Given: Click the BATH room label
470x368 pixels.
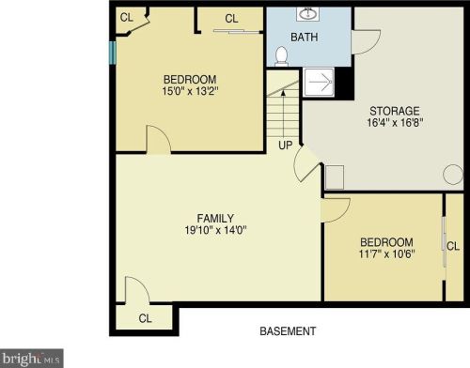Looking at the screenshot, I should pyautogui.click(x=304, y=38).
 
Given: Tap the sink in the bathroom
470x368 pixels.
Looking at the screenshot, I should pyautogui.click(x=307, y=14).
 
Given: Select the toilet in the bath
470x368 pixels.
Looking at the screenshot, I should pyautogui.click(x=280, y=56).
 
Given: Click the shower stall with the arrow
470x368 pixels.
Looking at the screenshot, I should pyautogui.click(x=319, y=83).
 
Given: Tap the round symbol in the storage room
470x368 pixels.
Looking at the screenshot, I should pyautogui.click(x=453, y=175).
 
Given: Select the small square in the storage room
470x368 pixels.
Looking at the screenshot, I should pyautogui.click(x=335, y=176).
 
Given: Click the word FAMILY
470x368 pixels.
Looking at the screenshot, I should pyautogui.click(x=216, y=218).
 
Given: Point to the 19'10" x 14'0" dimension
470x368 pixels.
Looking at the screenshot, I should pyautogui.click(x=216, y=231).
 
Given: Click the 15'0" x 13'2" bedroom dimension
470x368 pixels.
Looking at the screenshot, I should pyautogui.click(x=191, y=92).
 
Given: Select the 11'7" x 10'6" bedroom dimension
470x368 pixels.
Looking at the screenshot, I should pyautogui.click(x=385, y=253).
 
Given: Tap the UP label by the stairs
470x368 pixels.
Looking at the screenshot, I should pyautogui.click(x=284, y=146).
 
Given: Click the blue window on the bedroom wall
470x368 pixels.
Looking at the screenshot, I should pyautogui.click(x=113, y=52).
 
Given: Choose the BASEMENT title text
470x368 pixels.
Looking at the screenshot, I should pyautogui.click(x=288, y=331).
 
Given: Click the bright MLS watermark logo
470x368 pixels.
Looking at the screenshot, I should pyautogui.click(x=32, y=358).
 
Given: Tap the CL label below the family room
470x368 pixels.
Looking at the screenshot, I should pyautogui.click(x=145, y=318).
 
